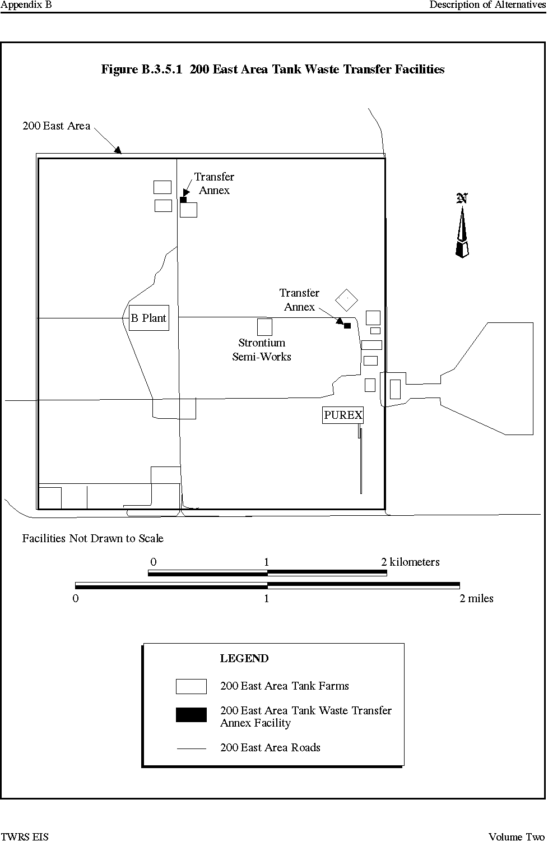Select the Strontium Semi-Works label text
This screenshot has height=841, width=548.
coord(262,349)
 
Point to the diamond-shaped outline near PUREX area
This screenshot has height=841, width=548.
coord(346,289)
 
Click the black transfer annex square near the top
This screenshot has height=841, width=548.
coord(183,200)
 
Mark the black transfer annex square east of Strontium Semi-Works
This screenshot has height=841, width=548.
coord(347,326)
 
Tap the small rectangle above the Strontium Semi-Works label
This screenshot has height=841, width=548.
coord(264,327)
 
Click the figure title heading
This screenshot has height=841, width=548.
coord(273,69)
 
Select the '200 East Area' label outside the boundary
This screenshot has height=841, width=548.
coord(56,126)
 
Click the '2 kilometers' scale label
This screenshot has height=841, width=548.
coord(410,562)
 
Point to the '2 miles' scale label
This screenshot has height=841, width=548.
coord(476,598)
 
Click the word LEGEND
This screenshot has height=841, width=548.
coord(244,658)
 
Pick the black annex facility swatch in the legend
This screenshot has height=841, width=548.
coord(191,714)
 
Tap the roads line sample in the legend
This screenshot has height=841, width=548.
coord(192,748)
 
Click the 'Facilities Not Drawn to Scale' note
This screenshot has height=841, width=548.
coord(92,538)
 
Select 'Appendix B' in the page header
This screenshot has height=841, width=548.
coord(26,5)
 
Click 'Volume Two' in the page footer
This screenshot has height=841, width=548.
coord(517,836)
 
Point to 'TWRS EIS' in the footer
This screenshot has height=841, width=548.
coord(25,836)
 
